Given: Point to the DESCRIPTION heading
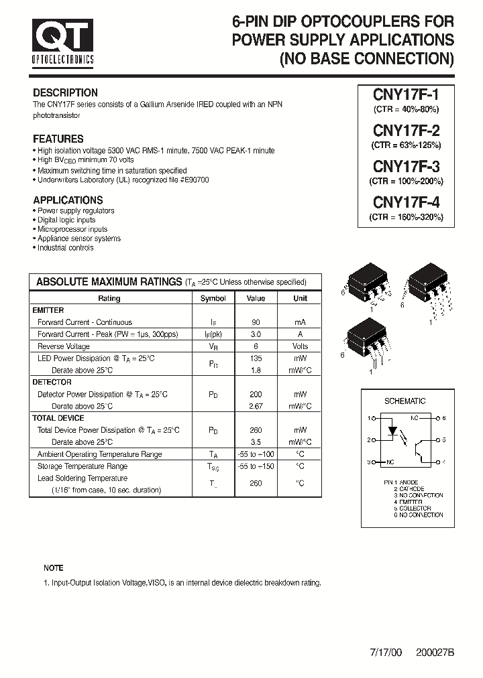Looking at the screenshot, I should tap(65, 93).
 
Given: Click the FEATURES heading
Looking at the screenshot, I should tap(58, 139).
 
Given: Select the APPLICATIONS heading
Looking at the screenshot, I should tap(68, 200).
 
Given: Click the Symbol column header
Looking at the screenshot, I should tap(213, 298).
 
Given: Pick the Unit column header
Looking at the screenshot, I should tap(300, 298).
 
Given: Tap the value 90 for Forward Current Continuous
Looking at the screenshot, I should tap(256, 322).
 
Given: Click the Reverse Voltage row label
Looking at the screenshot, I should tap(64, 346).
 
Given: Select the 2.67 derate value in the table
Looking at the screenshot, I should tap(256, 407).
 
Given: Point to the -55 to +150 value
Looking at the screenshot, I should tap(256, 466).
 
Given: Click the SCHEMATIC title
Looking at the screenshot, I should tap(405, 401).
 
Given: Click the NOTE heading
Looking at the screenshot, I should tap(54, 568).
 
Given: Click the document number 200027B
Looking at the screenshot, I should tap(435, 652).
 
